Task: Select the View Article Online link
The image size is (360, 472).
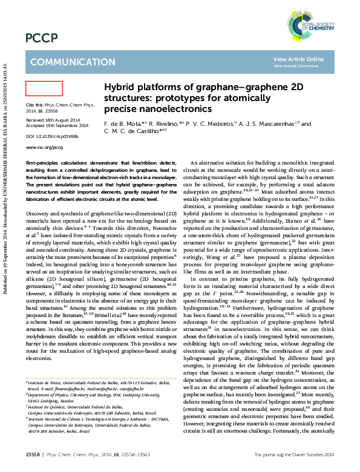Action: point(298,59)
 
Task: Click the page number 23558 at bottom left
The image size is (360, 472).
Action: point(32,453)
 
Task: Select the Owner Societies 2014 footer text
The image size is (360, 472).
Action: point(309,453)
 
